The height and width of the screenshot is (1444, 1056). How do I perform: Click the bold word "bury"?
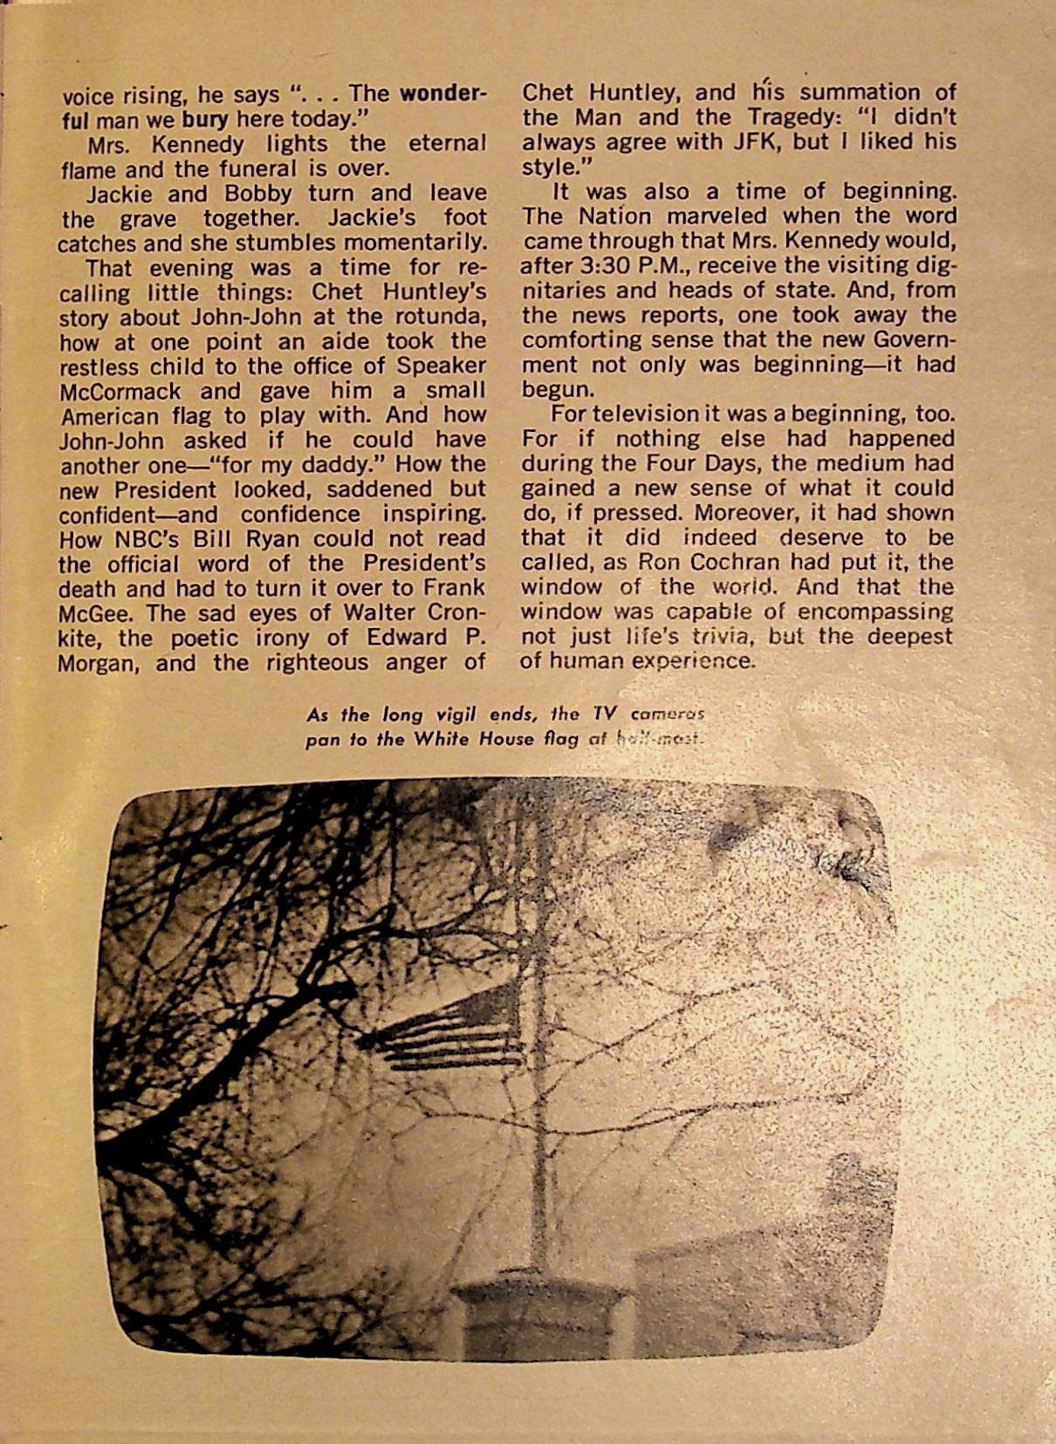coord(205,119)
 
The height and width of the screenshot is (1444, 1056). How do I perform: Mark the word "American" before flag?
coord(109,415)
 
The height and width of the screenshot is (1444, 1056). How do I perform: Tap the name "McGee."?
coord(91,613)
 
